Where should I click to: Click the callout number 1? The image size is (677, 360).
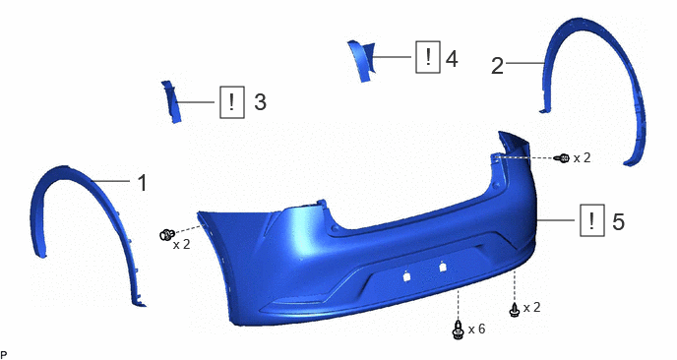pos(143,183)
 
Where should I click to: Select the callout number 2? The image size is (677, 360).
pos(497,66)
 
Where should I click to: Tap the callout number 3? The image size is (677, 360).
pos(260,102)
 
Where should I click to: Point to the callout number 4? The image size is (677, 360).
pos(452,59)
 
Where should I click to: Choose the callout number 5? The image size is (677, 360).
pos(618,221)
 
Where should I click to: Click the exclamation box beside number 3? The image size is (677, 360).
pos(232,102)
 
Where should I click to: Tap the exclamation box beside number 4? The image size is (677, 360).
pos(428,57)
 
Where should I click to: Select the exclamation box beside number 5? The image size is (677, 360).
pos(592,220)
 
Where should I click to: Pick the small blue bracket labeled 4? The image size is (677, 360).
pos(362,60)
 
